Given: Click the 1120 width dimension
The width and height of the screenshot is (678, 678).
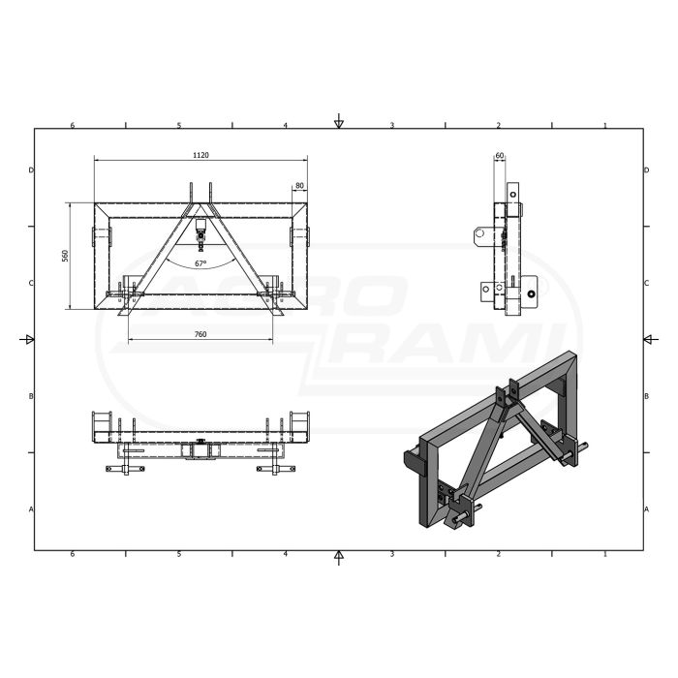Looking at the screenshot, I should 201,155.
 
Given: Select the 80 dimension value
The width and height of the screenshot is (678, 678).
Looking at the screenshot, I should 299,185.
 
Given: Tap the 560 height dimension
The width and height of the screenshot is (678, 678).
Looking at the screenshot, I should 65,256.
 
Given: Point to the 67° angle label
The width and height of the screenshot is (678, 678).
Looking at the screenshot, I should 200,263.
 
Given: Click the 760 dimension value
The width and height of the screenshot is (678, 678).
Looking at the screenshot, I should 200,334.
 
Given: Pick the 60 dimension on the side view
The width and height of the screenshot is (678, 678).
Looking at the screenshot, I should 500,155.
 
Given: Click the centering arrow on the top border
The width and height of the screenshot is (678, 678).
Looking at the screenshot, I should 338,121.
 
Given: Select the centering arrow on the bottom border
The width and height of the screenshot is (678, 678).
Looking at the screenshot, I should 338,556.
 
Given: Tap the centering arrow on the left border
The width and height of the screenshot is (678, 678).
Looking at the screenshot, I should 28,339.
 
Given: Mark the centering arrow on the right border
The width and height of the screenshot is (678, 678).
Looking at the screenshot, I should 649,339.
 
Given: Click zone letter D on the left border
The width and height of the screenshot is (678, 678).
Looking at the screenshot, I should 31,170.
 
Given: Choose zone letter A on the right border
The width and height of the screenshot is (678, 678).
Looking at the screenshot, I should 646,508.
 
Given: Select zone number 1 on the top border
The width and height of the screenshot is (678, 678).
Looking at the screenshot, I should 604,126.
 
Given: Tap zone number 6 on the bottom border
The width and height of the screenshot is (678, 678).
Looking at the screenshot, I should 73,555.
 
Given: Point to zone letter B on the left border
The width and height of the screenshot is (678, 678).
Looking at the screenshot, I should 31,396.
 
